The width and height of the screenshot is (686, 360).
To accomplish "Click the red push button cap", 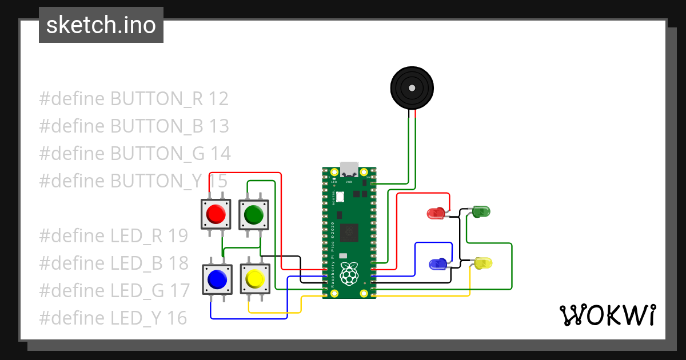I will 216,214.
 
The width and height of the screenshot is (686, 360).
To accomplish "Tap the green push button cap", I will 253,215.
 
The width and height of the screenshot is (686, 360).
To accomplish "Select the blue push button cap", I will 217,279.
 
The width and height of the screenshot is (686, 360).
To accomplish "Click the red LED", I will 436,214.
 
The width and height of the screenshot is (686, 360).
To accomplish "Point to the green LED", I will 481,212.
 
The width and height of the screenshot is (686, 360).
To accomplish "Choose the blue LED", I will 438,264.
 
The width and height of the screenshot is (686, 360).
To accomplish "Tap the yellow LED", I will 483,263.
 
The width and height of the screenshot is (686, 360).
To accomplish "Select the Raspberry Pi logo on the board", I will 349,274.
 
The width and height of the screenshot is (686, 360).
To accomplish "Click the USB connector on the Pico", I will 349,169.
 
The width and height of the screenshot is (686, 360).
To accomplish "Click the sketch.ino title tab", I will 101,25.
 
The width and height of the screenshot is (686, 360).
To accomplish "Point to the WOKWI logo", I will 607,315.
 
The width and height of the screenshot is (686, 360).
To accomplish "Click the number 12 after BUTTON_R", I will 218,99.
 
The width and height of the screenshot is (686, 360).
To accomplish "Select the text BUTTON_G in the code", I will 156,154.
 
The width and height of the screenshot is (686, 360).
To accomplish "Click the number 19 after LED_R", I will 177,236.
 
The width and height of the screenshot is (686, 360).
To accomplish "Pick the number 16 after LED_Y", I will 177,318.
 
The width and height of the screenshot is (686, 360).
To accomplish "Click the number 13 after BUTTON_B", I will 219,126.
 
